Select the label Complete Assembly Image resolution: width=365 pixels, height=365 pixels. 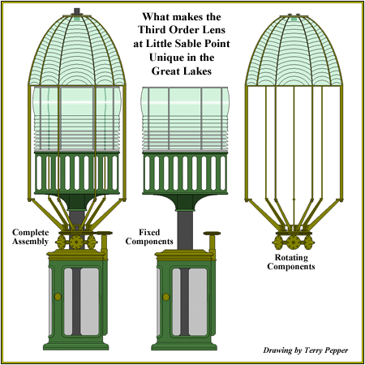30,237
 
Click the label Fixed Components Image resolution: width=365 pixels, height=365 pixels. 149,237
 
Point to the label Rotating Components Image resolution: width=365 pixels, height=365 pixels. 291,262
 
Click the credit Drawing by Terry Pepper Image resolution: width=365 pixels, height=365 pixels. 306,350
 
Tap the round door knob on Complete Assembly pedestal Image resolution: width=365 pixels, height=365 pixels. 58,297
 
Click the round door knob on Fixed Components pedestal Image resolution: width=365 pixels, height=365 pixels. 166,297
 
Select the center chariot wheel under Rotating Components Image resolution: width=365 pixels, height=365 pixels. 293,242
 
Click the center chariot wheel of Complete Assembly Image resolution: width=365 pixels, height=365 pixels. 76,242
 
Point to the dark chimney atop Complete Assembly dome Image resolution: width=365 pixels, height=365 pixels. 77,11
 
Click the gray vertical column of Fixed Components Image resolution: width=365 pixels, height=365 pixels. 186,230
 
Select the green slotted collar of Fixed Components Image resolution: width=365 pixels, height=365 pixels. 185,173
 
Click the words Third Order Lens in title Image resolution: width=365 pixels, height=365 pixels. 182,30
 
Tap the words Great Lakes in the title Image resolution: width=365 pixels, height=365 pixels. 182,71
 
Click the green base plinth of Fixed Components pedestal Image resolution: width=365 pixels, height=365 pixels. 184,346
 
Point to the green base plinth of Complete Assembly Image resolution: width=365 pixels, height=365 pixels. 76,346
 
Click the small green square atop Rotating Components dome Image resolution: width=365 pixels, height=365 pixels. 294,19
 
